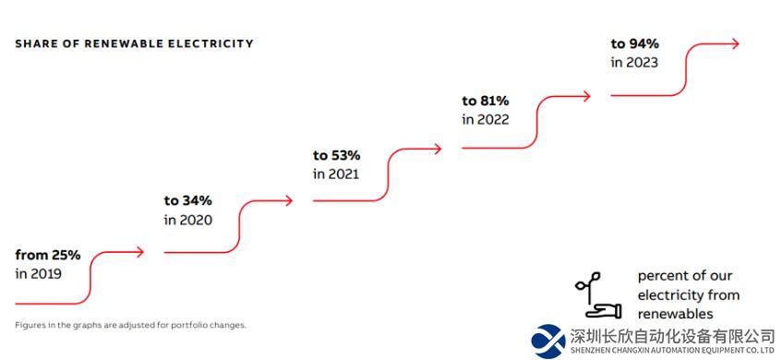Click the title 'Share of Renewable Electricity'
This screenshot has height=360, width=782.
pos(134,43)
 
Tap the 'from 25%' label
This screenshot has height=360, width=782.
pos(48,256)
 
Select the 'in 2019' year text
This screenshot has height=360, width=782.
pos(39,274)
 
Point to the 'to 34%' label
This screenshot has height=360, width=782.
pos(188,200)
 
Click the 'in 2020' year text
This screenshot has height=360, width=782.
pos(188,220)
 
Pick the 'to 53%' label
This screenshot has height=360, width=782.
pos(337,156)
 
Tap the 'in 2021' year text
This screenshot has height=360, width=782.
pos(336,174)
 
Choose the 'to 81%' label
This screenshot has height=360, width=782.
pos(486,101)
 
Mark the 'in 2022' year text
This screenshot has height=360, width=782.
pos(486,120)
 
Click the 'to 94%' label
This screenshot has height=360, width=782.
pos(635,44)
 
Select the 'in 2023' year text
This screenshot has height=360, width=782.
pos(634,63)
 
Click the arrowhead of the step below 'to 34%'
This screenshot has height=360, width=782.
pos(289,200)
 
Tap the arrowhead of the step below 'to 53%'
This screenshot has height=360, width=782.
pos(438,149)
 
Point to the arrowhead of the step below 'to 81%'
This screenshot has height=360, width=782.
pos(586,96)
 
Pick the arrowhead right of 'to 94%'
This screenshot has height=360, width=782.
pos(735,43)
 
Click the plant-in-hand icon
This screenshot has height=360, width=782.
pos(598,295)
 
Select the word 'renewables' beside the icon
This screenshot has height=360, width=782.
pos(675,314)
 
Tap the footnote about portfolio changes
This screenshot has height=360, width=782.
pos(131,325)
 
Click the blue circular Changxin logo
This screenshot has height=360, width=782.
pos(548,341)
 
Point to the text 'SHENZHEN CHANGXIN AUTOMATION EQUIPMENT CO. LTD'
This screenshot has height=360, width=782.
pos(672,350)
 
